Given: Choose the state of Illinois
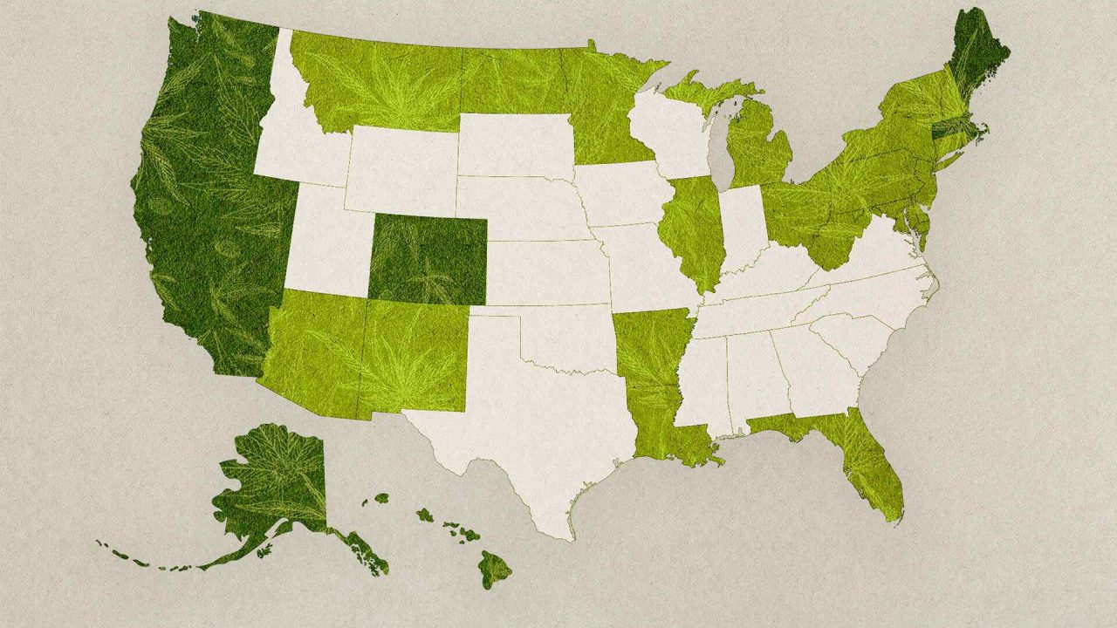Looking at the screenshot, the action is (689, 231).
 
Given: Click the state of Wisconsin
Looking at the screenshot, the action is (672, 131).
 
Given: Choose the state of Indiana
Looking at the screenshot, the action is (742, 227).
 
